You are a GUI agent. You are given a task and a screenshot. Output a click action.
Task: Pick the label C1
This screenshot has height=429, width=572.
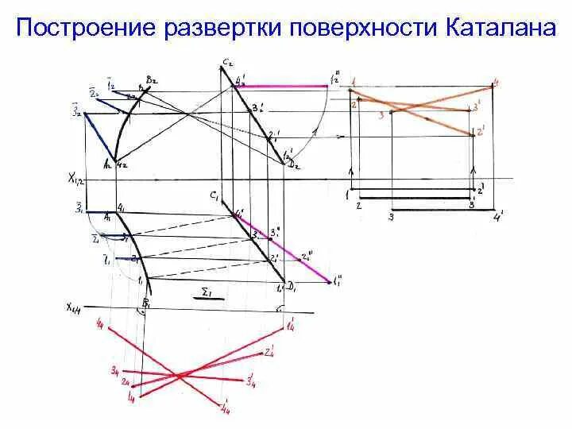tap(215, 194)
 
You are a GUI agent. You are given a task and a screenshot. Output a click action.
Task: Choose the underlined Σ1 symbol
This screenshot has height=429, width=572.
tap(209, 292)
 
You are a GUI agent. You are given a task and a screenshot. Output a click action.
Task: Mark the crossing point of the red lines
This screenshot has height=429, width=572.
tap(176, 374)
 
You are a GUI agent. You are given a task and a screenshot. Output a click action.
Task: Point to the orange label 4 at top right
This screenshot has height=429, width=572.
tap(496, 82)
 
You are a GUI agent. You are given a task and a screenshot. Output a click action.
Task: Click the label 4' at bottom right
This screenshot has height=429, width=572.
tap(499, 215)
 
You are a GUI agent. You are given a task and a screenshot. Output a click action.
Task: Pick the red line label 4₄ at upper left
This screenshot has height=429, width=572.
tap(100, 323)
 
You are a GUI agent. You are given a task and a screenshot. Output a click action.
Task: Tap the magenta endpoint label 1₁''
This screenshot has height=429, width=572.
tap(338, 280)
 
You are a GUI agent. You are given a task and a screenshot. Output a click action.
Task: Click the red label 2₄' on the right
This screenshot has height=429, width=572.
tap(270, 351)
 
